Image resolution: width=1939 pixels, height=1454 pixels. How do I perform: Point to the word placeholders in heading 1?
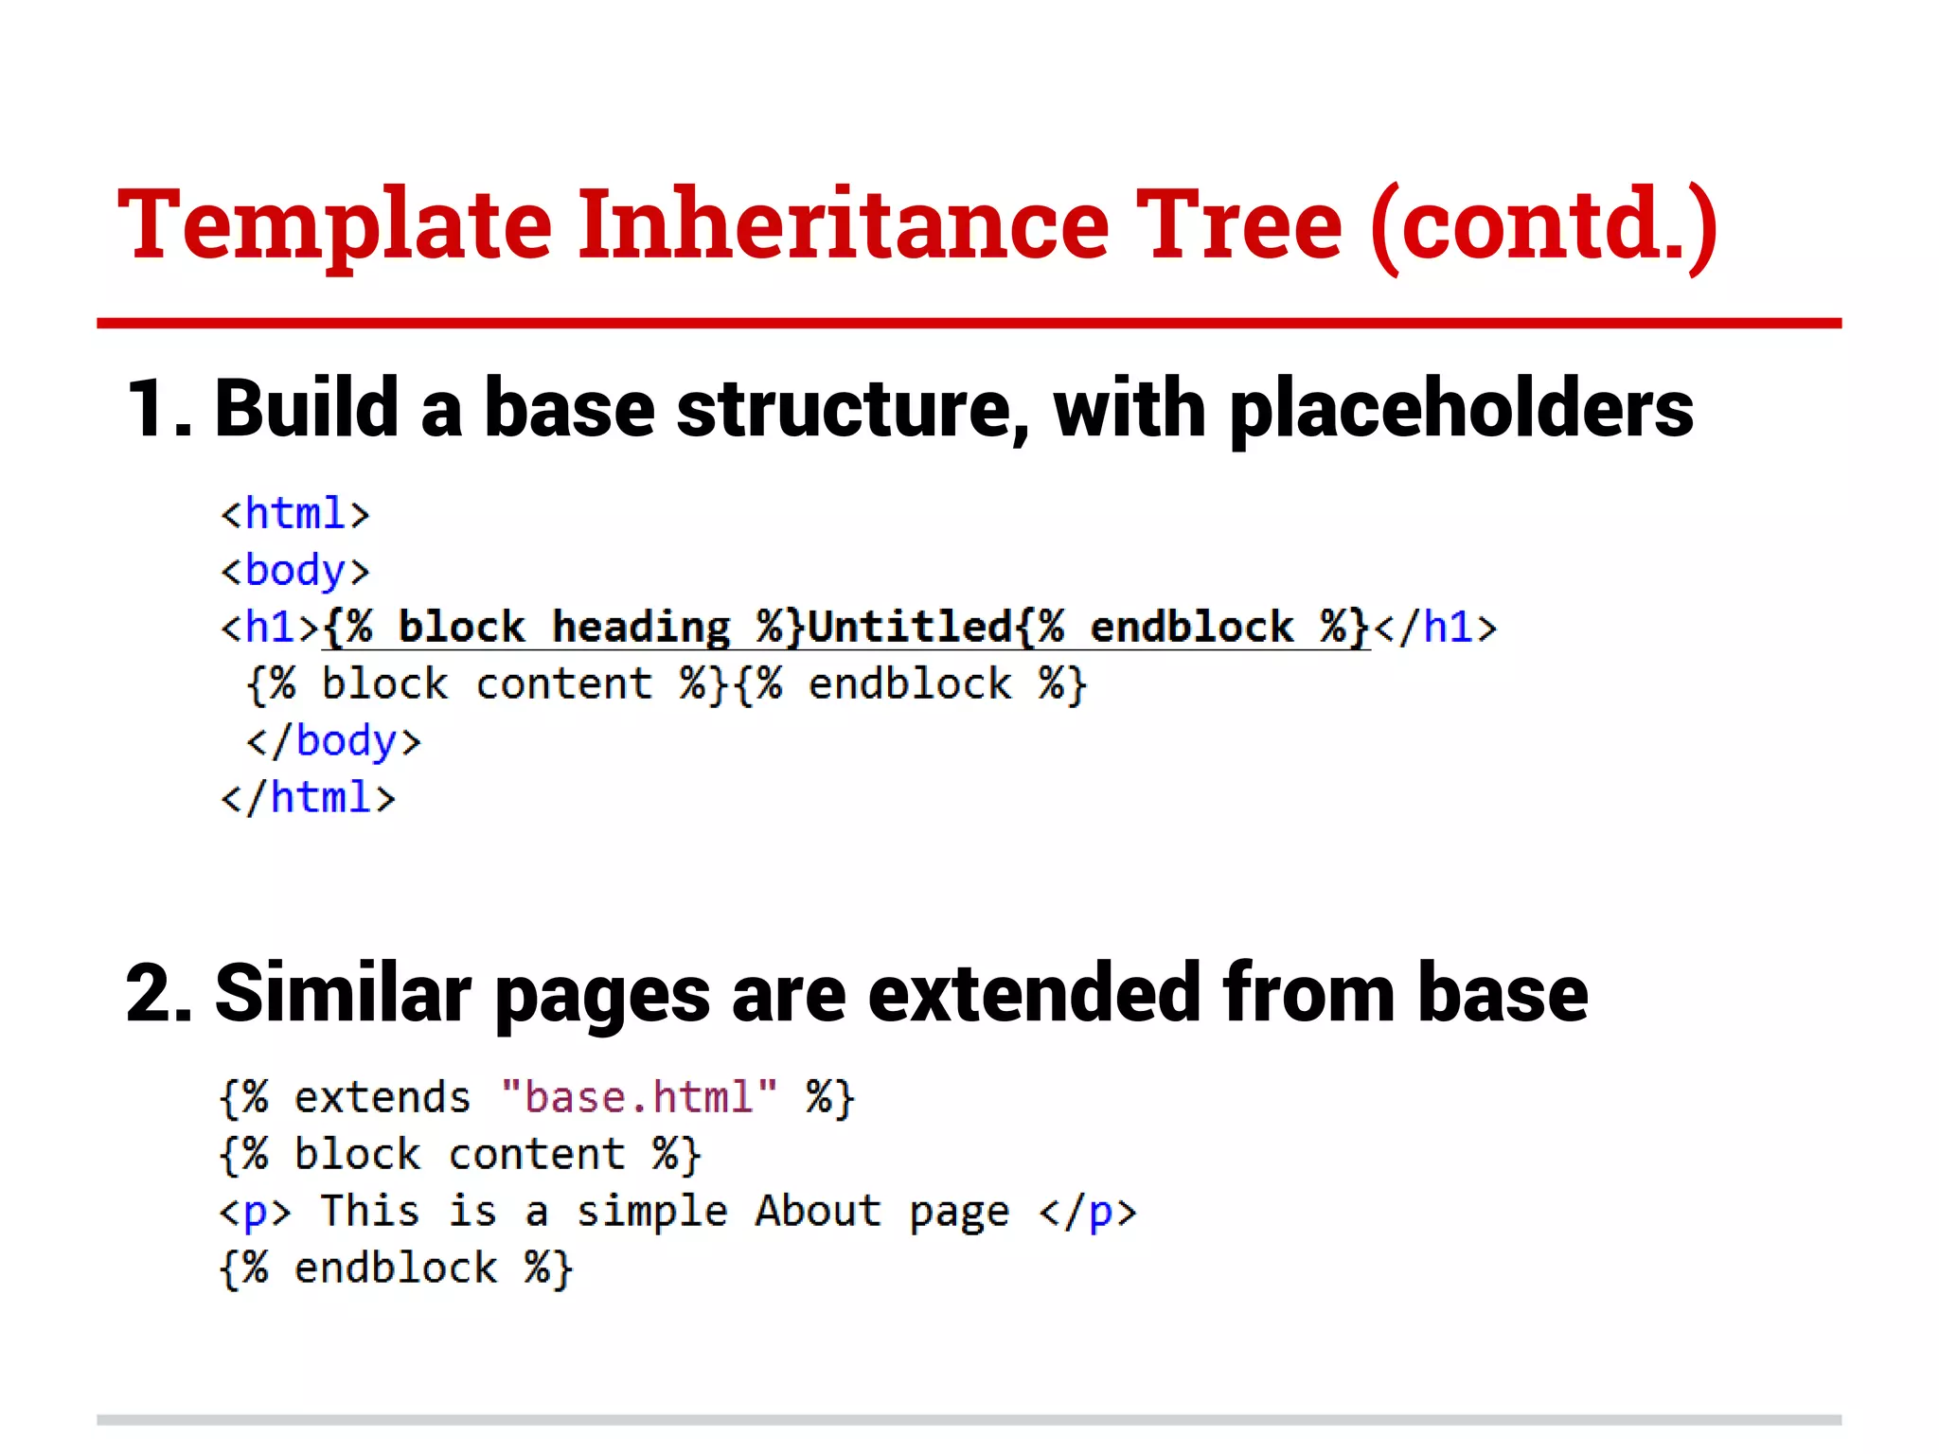pyautogui.click(x=1461, y=410)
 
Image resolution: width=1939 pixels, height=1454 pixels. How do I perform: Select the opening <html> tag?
pyautogui.click(x=294, y=514)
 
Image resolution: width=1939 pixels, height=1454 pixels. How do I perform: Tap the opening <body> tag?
pyautogui.click(x=294, y=571)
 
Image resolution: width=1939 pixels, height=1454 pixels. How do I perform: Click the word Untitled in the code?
pyautogui.click(x=910, y=628)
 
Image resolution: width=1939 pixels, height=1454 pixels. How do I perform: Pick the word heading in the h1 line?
pyautogui.click(x=641, y=628)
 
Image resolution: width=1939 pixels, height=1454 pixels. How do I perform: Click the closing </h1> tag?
pyautogui.click(x=1435, y=628)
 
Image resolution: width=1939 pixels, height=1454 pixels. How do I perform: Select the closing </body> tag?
pyautogui.click(x=333, y=741)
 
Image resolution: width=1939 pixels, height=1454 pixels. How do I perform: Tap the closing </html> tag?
pyautogui.click(x=308, y=798)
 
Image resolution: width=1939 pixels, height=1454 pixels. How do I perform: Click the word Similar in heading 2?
pyautogui.click(x=343, y=994)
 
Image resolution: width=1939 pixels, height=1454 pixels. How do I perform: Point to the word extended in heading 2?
pyautogui.click(x=1034, y=994)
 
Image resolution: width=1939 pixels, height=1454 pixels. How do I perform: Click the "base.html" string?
pyautogui.click(x=639, y=1098)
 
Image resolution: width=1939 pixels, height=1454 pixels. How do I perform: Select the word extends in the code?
pyautogui.click(x=382, y=1098)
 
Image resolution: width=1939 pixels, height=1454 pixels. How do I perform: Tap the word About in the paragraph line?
pyautogui.click(x=818, y=1212)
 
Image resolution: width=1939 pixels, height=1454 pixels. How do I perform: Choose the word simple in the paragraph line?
pyautogui.click(x=652, y=1212)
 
